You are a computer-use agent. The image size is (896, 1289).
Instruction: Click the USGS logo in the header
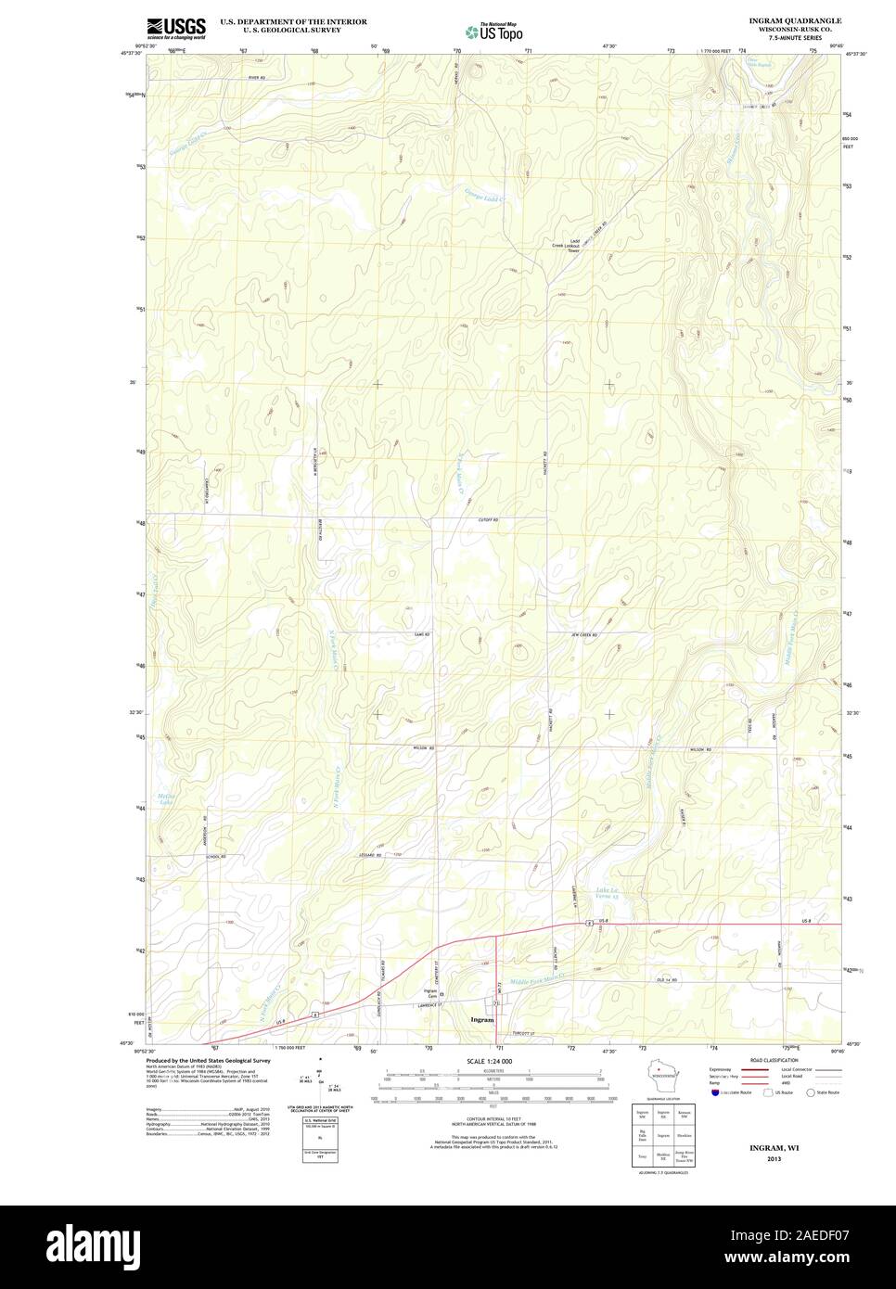click(176, 28)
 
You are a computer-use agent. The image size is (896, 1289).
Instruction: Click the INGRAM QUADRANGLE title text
click(795, 19)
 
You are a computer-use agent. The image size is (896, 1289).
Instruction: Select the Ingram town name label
click(481, 1019)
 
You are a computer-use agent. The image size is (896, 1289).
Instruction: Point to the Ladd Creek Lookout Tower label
click(568, 246)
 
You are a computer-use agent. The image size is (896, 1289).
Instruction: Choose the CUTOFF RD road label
click(488, 520)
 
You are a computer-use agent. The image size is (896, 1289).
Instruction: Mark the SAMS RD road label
click(423, 634)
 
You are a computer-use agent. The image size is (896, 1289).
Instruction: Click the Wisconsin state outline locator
click(659, 1078)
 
